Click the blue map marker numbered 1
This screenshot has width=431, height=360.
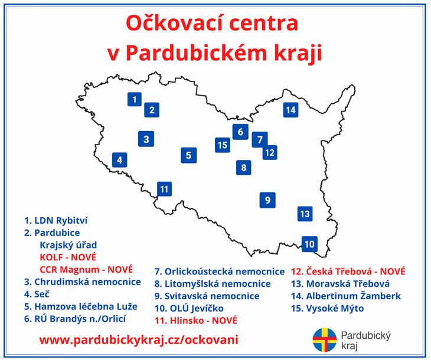135,99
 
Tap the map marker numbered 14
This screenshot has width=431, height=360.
290,110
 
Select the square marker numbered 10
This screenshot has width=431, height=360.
309,244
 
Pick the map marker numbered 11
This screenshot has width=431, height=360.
164,189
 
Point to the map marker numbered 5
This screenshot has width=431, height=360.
188,155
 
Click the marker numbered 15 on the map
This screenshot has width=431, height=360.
223,145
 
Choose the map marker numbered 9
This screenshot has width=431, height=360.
267,200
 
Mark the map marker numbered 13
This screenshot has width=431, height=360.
305,214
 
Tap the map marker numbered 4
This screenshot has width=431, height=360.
120,160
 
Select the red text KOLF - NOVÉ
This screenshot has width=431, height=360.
68,257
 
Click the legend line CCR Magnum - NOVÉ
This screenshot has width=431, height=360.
86,270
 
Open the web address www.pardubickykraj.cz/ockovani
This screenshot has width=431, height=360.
139,340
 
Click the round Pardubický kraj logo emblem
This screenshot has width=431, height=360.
324,340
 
